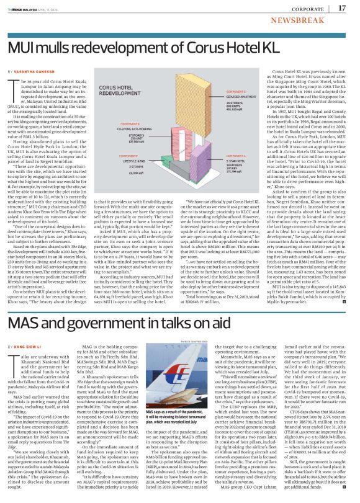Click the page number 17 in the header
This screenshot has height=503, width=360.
pyautogui.click(x=342, y=8)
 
